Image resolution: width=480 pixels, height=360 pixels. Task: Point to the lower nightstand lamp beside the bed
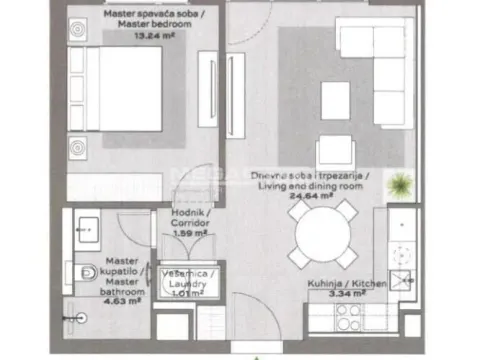[x=78, y=152]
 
